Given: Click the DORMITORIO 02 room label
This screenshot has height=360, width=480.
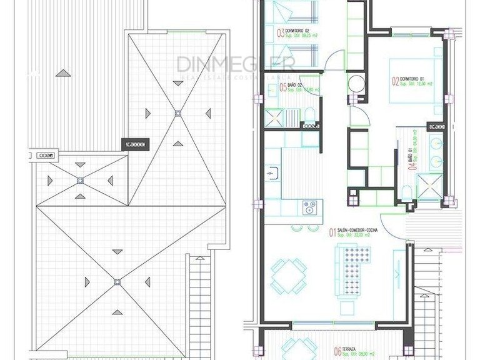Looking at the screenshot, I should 298,31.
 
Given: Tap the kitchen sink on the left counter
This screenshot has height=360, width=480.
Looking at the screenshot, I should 272,172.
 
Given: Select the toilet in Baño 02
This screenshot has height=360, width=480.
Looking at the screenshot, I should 309,113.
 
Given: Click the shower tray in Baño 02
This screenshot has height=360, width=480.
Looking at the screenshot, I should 274,117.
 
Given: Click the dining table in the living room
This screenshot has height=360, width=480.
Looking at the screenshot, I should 288,275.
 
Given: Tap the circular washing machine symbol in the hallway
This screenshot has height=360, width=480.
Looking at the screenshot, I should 357,83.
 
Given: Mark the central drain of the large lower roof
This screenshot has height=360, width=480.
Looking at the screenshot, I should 117,282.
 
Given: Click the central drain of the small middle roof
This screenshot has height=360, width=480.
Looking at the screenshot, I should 80,180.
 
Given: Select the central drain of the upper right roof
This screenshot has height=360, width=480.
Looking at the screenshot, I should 178,113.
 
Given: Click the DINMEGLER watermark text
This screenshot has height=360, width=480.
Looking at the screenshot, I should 235,64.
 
